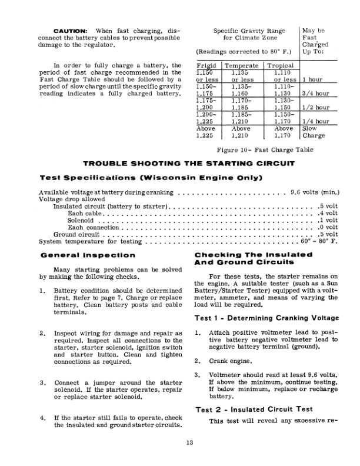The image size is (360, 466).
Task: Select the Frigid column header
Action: tap(206, 66)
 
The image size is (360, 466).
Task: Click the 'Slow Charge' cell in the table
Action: tap(314, 132)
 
